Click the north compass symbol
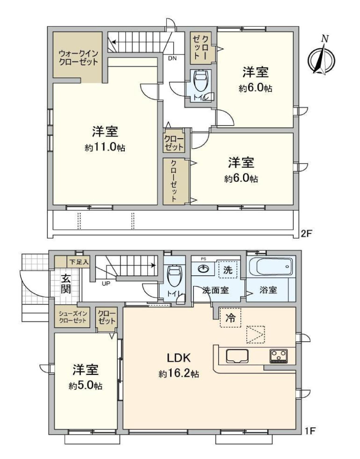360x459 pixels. coord(321,57)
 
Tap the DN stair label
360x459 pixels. coord(173,58)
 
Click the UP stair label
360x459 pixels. coord(106,284)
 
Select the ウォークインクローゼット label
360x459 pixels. coord(78,58)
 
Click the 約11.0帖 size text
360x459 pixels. coord(105,147)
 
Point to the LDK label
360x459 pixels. coord(179,358)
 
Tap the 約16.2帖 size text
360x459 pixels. coord(179,373)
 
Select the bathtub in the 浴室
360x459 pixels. coord(271,266)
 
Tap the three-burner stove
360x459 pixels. coord(278,356)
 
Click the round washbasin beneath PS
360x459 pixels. coord(203,268)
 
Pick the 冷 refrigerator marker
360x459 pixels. coord(230,317)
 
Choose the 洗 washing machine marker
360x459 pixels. coord(228,270)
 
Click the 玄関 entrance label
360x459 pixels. coord(66,284)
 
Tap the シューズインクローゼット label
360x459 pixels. coord(73,317)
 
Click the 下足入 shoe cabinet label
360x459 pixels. coord(78,262)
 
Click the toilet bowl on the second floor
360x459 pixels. coord(200,81)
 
